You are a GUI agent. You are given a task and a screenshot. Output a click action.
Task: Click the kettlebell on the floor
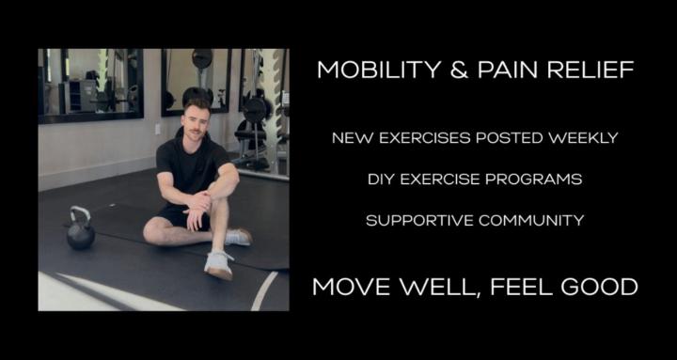80,232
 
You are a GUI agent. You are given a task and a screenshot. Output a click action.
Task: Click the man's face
195,121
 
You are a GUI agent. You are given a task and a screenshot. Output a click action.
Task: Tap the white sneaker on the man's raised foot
219,263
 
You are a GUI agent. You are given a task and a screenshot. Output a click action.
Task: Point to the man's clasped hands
198,200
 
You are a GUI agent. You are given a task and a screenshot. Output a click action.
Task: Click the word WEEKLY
578,138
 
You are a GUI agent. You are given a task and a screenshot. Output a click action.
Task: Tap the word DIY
382,179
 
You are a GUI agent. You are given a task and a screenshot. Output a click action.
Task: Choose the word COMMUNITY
532,220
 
